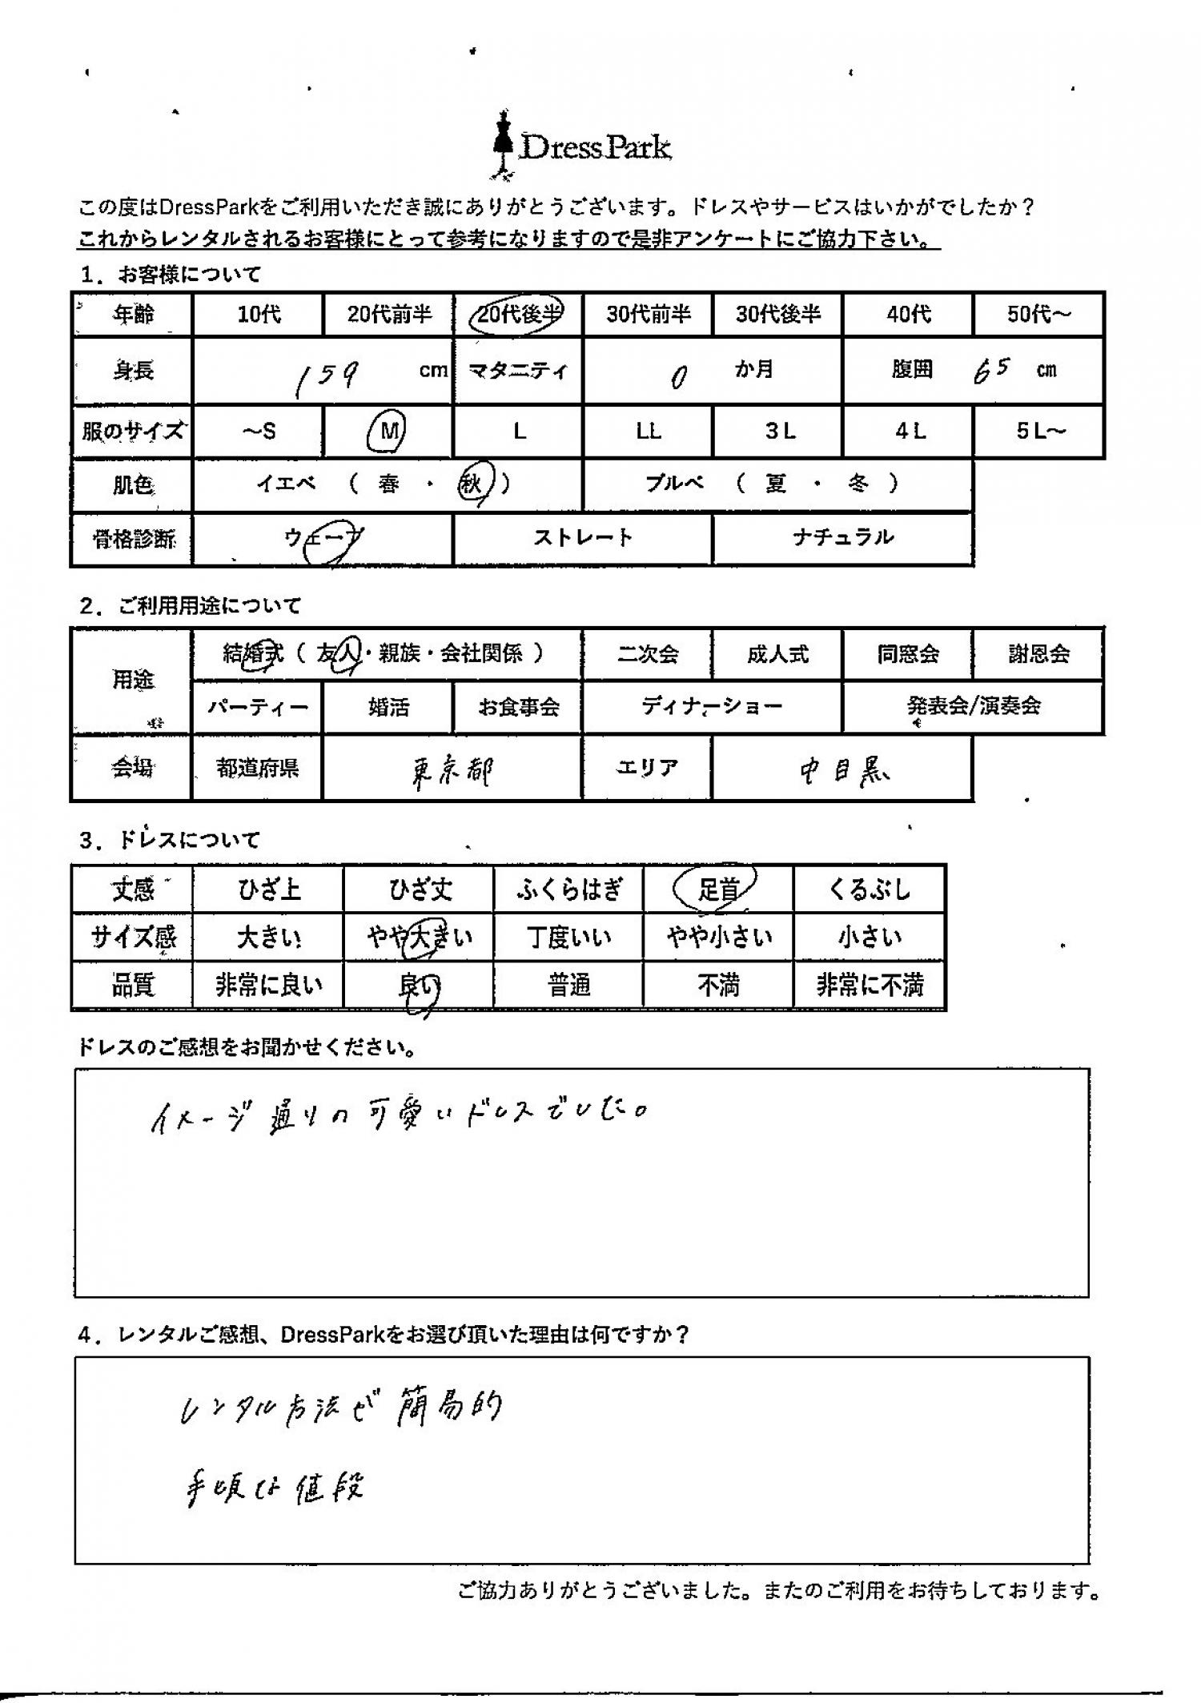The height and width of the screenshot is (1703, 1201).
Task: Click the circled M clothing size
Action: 388,432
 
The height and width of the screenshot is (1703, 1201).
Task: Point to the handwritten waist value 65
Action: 991,371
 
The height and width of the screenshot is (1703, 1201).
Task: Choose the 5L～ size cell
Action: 1039,432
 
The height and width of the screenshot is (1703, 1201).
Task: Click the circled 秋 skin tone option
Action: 473,484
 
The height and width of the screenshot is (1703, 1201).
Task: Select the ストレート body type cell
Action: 582,537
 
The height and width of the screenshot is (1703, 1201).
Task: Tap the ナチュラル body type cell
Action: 842,537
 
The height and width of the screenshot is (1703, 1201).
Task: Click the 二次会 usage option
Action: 647,654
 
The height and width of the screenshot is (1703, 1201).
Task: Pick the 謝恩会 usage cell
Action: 1038,654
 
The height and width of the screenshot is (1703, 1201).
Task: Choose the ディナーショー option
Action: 712,707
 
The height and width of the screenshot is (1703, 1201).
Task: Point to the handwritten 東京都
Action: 452,771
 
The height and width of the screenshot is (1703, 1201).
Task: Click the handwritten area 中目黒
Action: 845,770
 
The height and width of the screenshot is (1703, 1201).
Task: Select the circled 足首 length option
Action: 717,889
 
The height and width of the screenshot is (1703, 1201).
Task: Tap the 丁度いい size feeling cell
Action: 568,937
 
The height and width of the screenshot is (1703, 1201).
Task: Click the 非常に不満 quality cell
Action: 870,985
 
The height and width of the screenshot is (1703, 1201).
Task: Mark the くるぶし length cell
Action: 870,889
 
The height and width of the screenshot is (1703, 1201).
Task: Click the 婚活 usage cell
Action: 388,707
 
